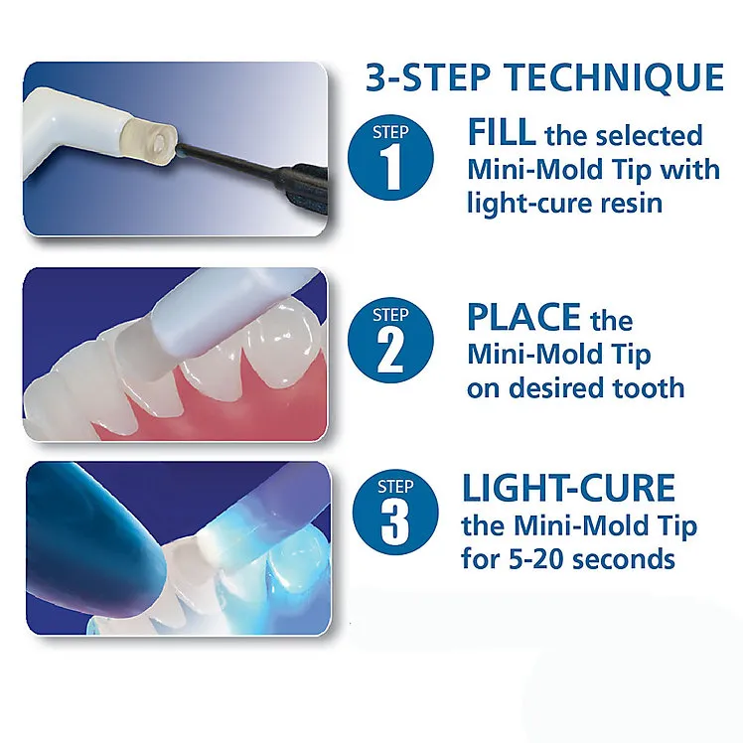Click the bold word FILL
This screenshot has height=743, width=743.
click(x=501, y=132)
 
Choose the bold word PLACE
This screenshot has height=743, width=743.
click(x=523, y=317)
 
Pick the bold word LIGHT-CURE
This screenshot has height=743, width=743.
click(x=568, y=488)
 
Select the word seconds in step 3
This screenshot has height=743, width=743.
click(x=623, y=559)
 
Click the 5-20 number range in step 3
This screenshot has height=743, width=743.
click(x=536, y=559)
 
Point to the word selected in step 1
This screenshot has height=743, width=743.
click(x=649, y=135)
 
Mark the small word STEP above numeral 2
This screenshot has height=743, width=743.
click(x=390, y=315)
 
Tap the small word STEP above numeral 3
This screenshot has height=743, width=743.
click(x=395, y=487)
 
